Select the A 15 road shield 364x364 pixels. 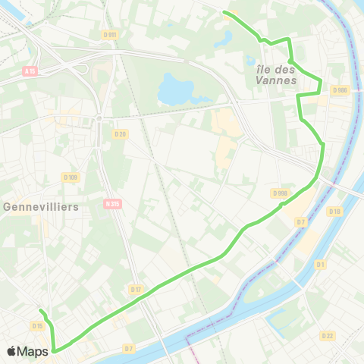30,71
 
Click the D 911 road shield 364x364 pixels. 109,35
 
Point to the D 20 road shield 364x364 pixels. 120,134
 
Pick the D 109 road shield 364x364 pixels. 71,177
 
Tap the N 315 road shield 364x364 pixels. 112,203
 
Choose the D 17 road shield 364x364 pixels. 136,290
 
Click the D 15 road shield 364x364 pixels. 37,325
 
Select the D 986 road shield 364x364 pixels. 339,90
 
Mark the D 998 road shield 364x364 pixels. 280,193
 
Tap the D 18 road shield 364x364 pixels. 335,210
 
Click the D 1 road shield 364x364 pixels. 321,264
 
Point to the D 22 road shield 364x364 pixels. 328,335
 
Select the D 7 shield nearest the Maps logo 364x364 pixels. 128,348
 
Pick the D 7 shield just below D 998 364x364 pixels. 300,221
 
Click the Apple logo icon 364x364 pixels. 11,352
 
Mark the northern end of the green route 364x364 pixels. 224,12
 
